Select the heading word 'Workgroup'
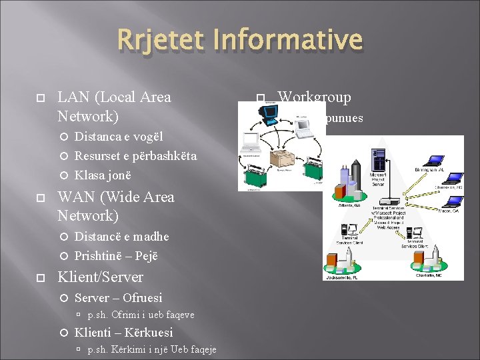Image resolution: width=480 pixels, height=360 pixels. pos(314,97)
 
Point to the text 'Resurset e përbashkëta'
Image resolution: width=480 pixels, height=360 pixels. pos(135,156)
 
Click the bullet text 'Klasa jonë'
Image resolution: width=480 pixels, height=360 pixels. pos(103,175)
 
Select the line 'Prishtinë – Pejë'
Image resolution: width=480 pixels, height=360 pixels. pos(116,255)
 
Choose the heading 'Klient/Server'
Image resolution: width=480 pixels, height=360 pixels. pos(100,277)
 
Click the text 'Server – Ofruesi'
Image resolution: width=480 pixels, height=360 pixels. pos(118,297)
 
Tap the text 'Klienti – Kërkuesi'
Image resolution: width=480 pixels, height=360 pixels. pos(123,332)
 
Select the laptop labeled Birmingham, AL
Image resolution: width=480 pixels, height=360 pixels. pos(435,161)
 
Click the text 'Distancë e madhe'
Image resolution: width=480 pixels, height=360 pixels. pos(121,237)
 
